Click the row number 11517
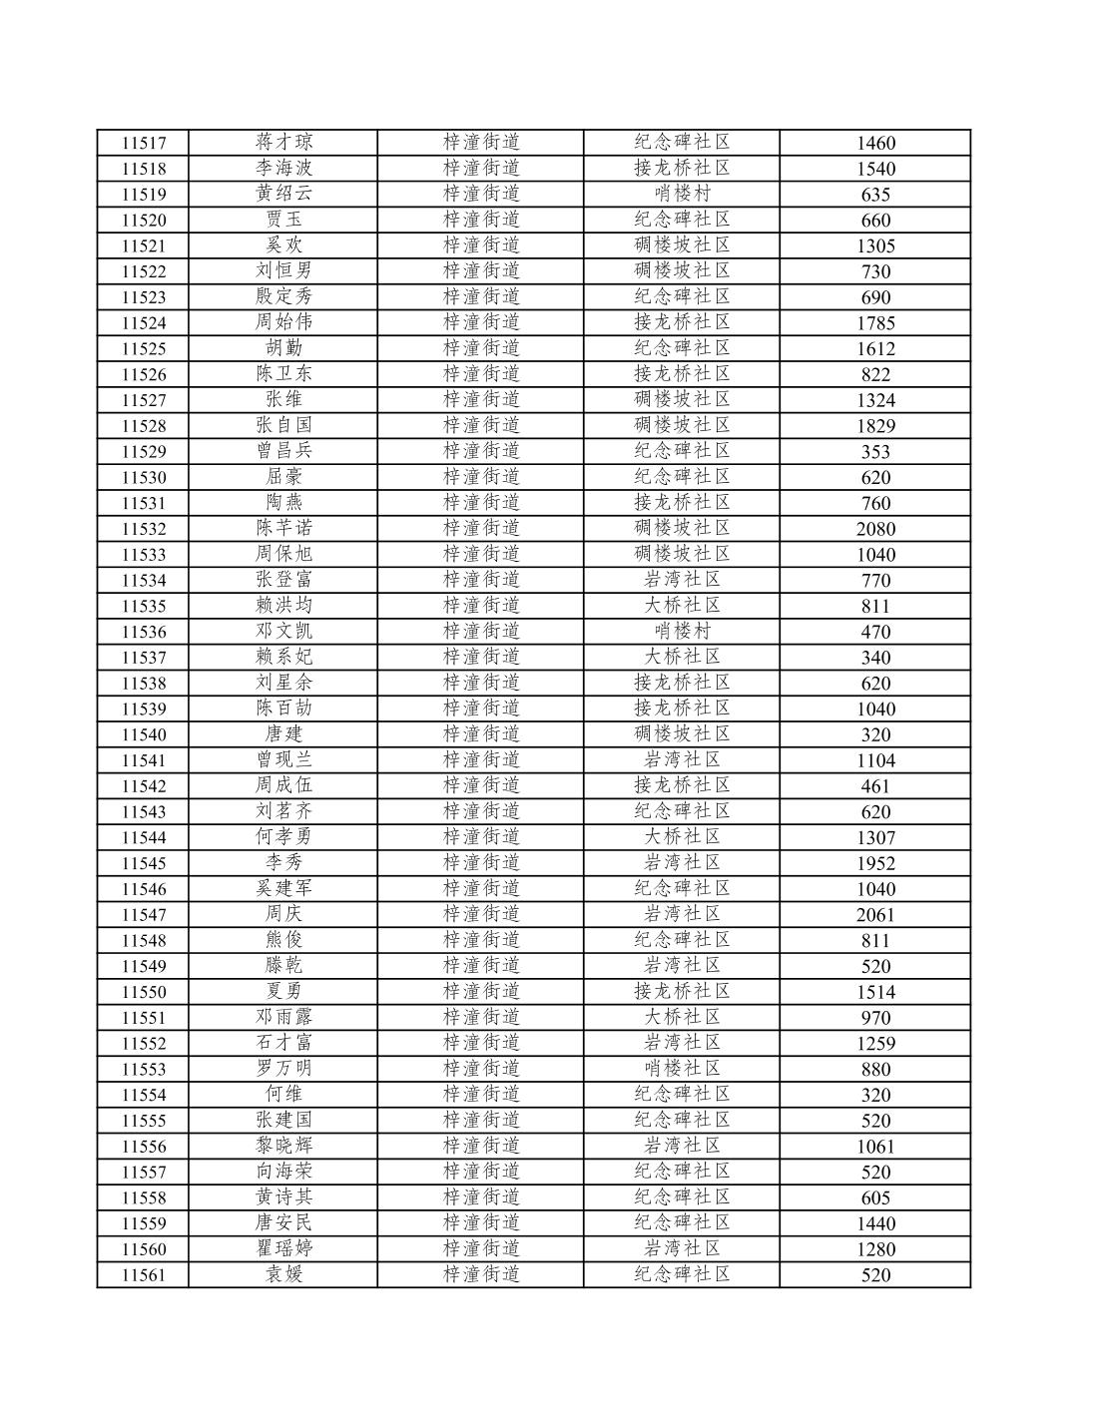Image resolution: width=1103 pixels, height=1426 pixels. click(x=143, y=143)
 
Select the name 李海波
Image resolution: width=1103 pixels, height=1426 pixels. click(x=283, y=168)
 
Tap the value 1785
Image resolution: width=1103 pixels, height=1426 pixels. click(x=875, y=322)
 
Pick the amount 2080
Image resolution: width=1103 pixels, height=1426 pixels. click(x=875, y=529)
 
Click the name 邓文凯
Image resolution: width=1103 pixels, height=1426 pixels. click(x=283, y=631)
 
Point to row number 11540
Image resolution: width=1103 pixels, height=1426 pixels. click(x=143, y=734)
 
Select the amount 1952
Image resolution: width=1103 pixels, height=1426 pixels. click(x=875, y=863)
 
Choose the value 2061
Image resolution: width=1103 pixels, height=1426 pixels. click(x=875, y=915)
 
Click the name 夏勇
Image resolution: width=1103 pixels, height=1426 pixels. click(x=283, y=991)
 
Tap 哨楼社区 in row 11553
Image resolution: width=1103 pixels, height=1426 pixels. click(x=682, y=1068)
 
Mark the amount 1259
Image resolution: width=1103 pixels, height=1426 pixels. click(x=875, y=1044)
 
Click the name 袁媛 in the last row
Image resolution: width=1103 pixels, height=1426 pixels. click(x=283, y=1274)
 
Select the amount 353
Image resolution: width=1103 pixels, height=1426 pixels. click(x=875, y=451)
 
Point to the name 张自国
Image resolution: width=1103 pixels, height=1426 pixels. click(x=283, y=425)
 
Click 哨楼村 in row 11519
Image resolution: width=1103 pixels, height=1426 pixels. click(x=682, y=194)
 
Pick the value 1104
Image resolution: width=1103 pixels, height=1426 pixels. click(x=875, y=760)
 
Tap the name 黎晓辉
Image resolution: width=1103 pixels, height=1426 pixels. click(x=283, y=1146)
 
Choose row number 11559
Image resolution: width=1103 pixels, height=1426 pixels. click(x=143, y=1223)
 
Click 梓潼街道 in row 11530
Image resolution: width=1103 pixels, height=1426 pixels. click(x=482, y=477)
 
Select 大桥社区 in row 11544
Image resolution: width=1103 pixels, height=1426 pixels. click(x=682, y=837)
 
